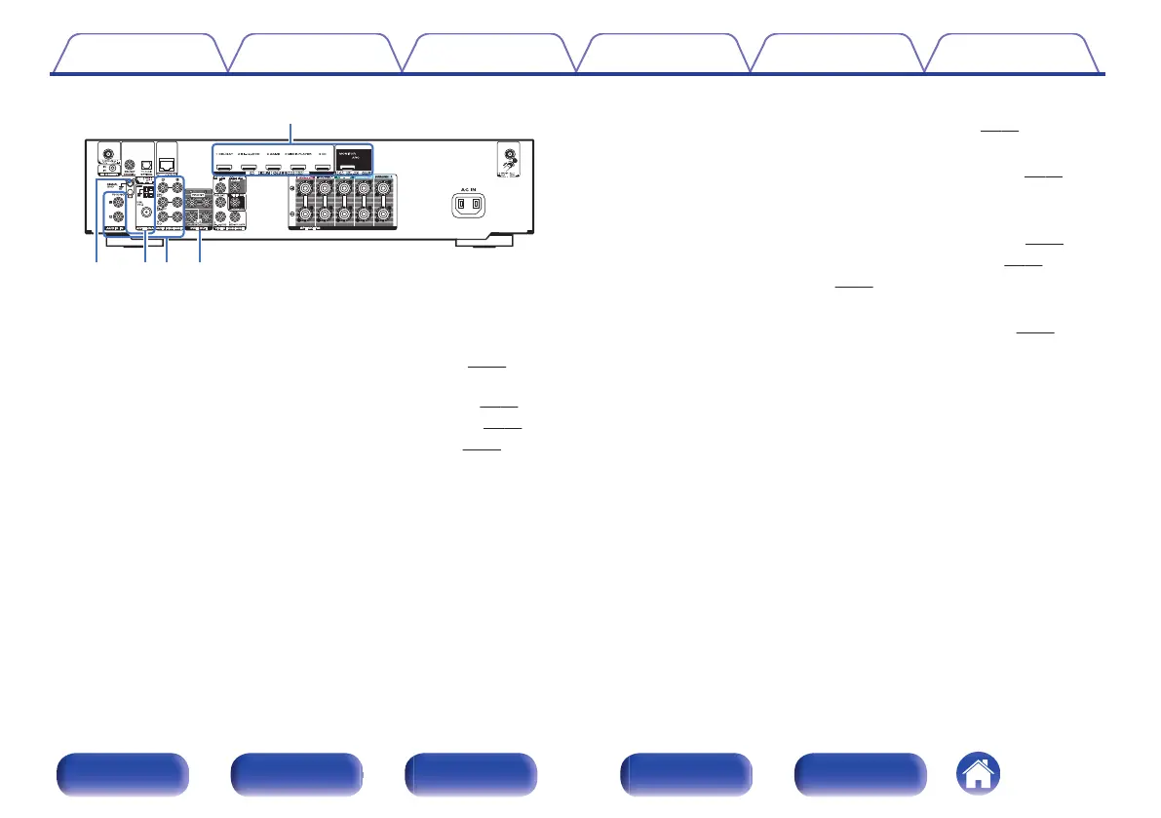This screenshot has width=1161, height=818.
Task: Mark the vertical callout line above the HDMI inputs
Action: click(x=292, y=133)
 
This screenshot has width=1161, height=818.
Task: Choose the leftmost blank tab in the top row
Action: click(x=138, y=55)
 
